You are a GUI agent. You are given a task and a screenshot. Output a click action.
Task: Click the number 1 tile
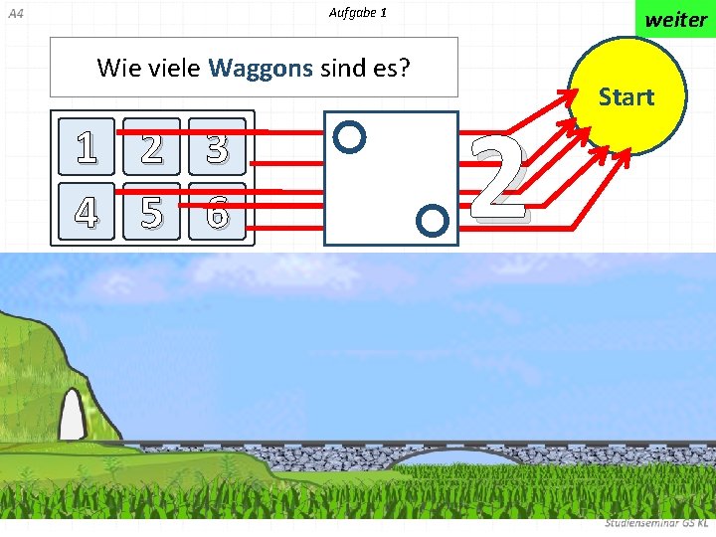(87, 146)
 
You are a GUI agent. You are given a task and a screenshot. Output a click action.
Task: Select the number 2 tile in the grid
(152, 146)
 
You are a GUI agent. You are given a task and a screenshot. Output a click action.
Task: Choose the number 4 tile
(87, 211)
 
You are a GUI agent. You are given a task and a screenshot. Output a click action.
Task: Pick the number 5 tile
(152, 211)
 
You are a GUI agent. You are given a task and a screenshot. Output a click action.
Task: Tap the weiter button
(675, 19)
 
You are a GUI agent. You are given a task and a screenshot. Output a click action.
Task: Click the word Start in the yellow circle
(626, 96)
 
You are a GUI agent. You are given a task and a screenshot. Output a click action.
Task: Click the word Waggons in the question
(261, 68)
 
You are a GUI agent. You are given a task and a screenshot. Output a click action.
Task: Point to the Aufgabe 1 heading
(357, 13)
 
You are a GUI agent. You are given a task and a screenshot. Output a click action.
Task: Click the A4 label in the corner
(15, 14)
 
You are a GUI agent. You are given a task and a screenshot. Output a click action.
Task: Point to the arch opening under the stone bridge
(457, 460)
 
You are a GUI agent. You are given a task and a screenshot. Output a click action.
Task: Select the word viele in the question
(174, 68)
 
